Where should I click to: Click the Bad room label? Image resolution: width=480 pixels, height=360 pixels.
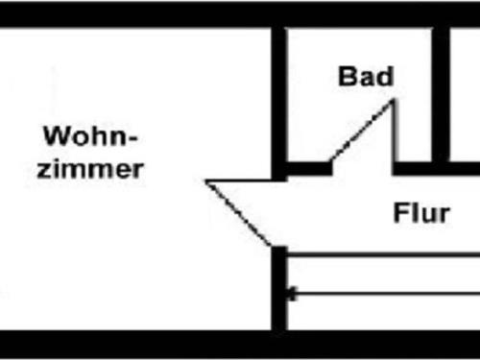tap(366, 77)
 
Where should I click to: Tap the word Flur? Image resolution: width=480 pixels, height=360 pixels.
tap(420, 212)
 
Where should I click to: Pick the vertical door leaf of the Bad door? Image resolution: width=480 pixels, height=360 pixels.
tap(393, 134)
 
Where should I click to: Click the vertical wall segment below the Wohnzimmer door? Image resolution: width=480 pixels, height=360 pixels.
tap(278, 288)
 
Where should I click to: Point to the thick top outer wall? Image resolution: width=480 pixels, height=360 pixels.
tap(240, 14)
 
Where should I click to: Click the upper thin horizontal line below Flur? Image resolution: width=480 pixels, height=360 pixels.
tap(384, 255)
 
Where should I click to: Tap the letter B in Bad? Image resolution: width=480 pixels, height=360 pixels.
tap(348, 77)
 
